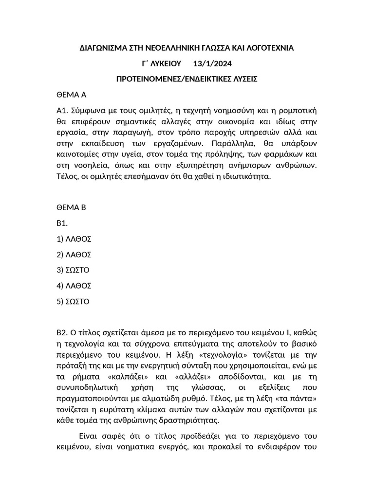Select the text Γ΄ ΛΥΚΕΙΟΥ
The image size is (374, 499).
[161, 63]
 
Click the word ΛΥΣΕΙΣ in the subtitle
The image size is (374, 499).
[241, 79]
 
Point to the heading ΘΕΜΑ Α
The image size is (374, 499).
[72, 94]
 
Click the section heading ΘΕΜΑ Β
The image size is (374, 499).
[72, 207]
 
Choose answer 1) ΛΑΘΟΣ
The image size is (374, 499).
[75, 239]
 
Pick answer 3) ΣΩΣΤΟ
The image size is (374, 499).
[74, 270]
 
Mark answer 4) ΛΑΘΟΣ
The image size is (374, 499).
[75, 286]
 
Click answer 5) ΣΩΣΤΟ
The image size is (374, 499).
[74, 301]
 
